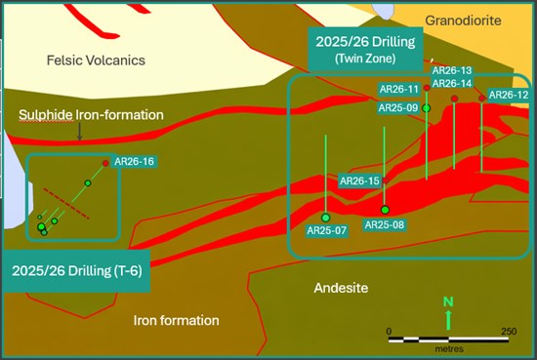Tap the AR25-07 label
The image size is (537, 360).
pyautogui.click(x=326, y=231)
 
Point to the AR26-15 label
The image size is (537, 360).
pyautogui.click(x=358, y=181)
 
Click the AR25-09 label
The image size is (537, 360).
pyautogui.click(x=398, y=107)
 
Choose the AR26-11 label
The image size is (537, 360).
pyautogui.click(x=398, y=89)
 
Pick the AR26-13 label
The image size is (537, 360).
pyautogui.click(x=451, y=70)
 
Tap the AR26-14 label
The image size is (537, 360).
pyautogui.click(x=451, y=83)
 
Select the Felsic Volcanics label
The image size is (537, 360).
pyautogui.click(x=96, y=60)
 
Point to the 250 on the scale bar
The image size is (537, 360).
pyautogui.click(x=509, y=332)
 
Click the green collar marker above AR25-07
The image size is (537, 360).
pyautogui.click(x=325, y=217)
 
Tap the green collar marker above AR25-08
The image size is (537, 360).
pyautogui.click(x=385, y=210)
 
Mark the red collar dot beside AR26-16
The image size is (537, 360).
pyautogui.click(x=105, y=162)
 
